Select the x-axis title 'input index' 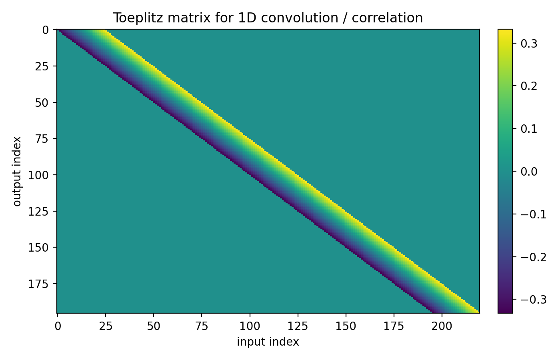click(x=268, y=342)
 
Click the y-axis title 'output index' click(x=17, y=171)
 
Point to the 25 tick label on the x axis click(x=106, y=326)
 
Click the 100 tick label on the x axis click(x=250, y=326)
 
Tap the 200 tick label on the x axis click(x=442, y=326)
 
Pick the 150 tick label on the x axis click(x=346, y=326)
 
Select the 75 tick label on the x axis click(x=202, y=326)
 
